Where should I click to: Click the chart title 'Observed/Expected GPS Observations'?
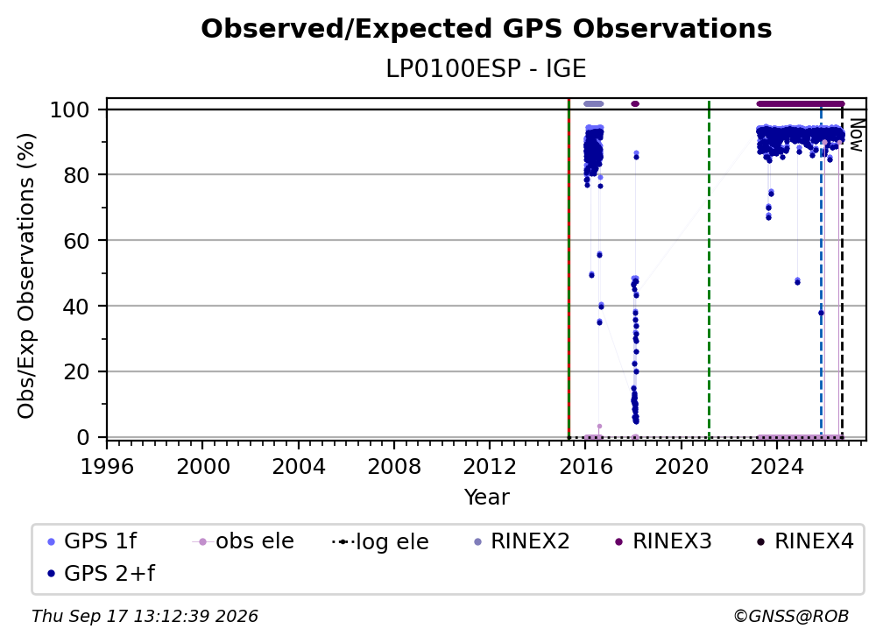[x=486, y=29]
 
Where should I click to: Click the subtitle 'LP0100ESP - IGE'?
[x=486, y=68]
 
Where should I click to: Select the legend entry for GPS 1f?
[x=92, y=541]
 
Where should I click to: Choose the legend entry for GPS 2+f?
[x=102, y=573]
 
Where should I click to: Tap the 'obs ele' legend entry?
[x=243, y=541]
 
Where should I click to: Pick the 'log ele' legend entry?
[x=380, y=541]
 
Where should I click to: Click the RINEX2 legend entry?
[x=522, y=541]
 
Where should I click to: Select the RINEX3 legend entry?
[x=664, y=541]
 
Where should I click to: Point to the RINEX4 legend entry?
[x=806, y=541]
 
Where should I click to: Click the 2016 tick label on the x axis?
[x=585, y=467]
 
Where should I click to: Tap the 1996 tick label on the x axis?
[x=107, y=467]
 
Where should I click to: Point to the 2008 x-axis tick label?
[x=394, y=467]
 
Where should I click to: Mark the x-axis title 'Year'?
[x=486, y=498]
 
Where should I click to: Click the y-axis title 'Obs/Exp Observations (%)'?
[x=26, y=276]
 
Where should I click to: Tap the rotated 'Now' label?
[x=856, y=135]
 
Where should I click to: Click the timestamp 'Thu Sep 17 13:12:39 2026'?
[x=145, y=616]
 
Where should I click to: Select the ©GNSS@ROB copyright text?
[x=791, y=616]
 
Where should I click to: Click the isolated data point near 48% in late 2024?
[x=797, y=281]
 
